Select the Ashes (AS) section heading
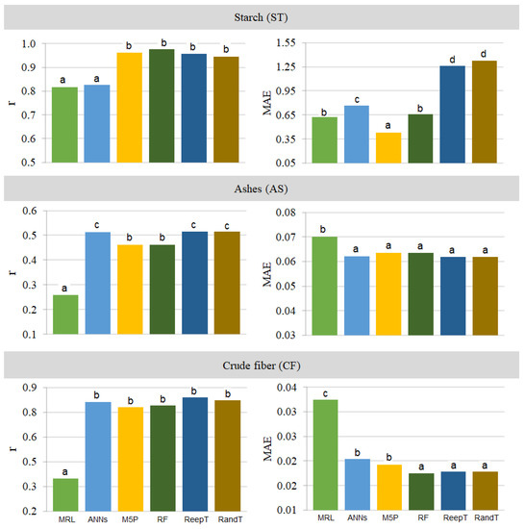point(262,189)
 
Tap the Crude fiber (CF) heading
point(262,365)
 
